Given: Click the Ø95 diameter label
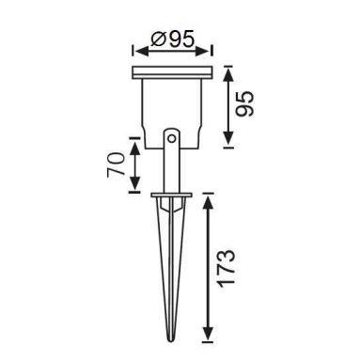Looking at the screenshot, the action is [x=172, y=39].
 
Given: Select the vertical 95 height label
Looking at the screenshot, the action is [x=244, y=104].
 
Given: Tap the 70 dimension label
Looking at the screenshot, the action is [x=115, y=164].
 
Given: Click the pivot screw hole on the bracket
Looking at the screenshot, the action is [x=171, y=138].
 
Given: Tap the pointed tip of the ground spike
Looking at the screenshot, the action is [x=171, y=340].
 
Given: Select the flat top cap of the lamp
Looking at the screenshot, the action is [x=172, y=71].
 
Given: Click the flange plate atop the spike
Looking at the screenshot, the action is [x=171, y=196].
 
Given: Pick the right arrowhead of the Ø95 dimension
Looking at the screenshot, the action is [x=203, y=51].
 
